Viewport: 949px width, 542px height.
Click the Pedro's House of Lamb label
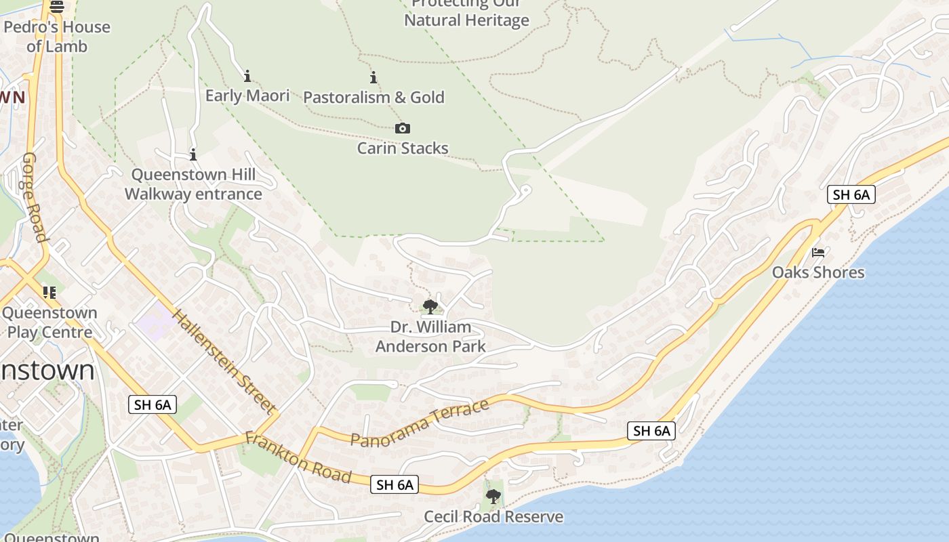pos(57,37)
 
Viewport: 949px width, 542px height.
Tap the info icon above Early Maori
pos(247,75)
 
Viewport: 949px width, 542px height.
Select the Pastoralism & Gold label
pos(373,97)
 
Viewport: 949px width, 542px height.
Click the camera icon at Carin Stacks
pos(403,128)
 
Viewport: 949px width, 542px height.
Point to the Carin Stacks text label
pos(403,148)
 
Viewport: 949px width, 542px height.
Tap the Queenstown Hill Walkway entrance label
pos(193,184)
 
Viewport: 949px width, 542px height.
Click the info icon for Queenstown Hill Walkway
pos(193,154)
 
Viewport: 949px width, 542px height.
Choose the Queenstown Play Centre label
pos(49,322)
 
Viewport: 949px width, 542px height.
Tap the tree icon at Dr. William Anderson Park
pos(430,307)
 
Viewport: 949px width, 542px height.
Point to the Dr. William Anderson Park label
pos(430,337)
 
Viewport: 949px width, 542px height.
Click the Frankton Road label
pos(298,458)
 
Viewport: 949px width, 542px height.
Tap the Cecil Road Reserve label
pos(493,516)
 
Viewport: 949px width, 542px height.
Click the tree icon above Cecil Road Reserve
pos(493,497)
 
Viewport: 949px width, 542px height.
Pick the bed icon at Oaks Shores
pos(818,253)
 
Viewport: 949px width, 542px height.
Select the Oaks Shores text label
pos(818,272)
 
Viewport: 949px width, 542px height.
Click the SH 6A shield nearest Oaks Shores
pos(851,195)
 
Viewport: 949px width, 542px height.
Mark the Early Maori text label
pos(247,96)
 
